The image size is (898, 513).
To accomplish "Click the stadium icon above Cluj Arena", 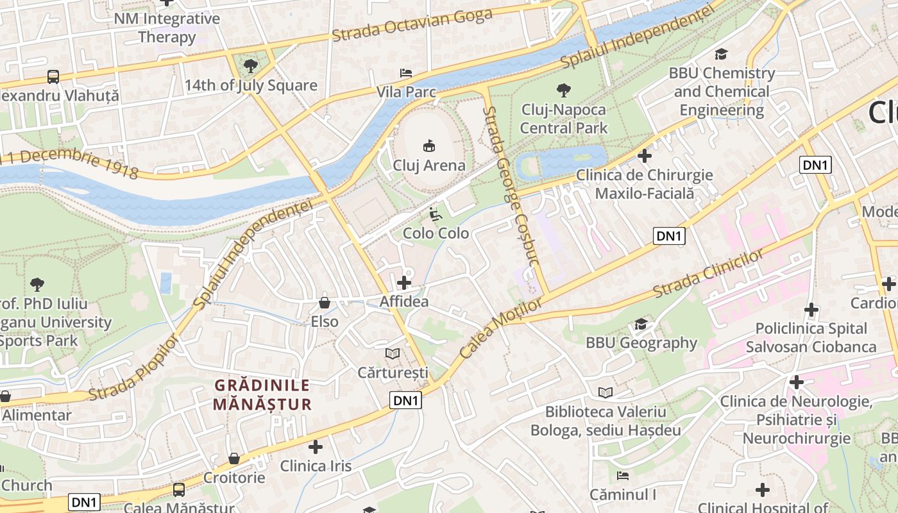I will click(x=429, y=146).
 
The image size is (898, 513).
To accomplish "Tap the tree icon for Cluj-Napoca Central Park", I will click(x=564, y=90).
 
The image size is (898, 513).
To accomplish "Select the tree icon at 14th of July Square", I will click(x=251, y=65).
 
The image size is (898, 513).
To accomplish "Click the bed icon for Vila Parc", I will click(x=405, y=73).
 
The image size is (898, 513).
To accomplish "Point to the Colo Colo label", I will click(x=436, y=233).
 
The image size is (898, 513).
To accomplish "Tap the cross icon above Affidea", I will click(x=404, y=282).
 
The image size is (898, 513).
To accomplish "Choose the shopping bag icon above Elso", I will click(x=325, y=303).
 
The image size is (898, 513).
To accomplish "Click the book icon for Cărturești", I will click(x=393, y=353).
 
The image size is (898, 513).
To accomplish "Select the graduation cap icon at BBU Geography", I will click(x=641, y=324).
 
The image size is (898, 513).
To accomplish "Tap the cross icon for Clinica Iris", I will click(x=316, y=446).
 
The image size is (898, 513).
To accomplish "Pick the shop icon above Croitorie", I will click(x=234, y=458).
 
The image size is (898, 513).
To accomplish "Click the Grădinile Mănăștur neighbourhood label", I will click(x=262, y=395).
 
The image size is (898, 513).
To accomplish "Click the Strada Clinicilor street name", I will click(x=708, y=273).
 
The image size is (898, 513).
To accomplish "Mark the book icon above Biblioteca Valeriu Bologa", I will click(x=605, y=392).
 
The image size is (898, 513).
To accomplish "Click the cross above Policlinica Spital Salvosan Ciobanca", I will click(x=811, y=310).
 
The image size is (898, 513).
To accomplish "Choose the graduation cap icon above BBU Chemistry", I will click(x=722, y=54).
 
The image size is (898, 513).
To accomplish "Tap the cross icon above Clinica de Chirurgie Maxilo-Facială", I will click(x=645, y=155).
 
